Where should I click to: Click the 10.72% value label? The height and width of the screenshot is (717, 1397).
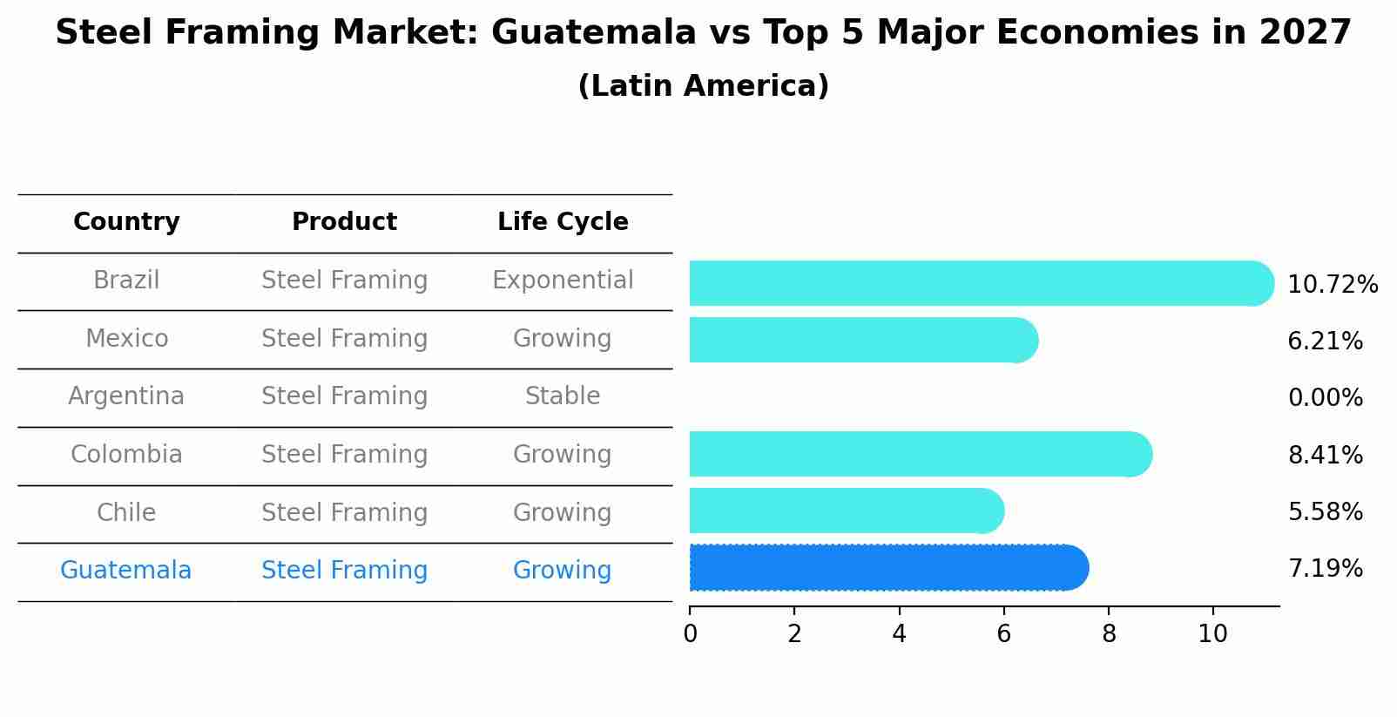(x=1333, y=285)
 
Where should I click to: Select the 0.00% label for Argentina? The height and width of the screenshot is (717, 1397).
(x=1325, y=398)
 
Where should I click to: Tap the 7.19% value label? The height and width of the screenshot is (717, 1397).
(x=1325, y=569)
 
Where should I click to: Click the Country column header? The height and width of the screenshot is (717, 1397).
(x=126, y=222)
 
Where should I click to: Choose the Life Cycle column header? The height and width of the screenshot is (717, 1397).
(x=563, y=222)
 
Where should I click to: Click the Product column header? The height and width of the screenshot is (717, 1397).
(x=344, y=222)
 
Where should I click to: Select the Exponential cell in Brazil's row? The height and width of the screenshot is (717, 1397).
(x=563, y=281)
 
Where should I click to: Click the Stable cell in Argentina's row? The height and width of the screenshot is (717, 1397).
(x=563, y=396)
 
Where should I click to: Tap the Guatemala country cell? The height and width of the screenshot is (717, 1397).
(x=125, y=571)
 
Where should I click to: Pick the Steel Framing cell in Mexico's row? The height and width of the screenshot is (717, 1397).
(x=344, y=339)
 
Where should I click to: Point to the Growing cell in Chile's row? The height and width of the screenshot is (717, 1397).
(x=563, y=512)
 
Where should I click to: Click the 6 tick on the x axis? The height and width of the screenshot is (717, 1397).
(x=1003, y=634)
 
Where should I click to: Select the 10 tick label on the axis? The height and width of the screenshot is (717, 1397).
(x=1212, y=634)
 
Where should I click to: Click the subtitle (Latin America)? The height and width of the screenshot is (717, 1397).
(x=703, y=86)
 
